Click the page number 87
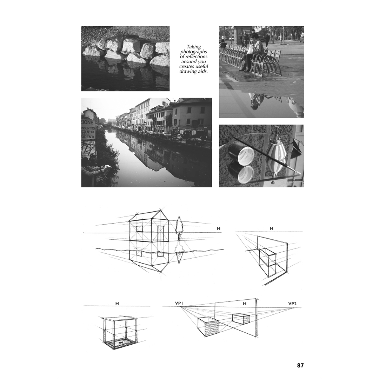tap(300, 365)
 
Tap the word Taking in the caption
tap(194, 47)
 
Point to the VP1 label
tap(179, 303)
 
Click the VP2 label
tap(292, 304)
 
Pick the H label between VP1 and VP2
tap(245, 304)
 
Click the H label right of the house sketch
tap(218, 228)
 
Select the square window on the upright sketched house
tap(139, 229)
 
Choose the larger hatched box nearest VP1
tap(208, 326)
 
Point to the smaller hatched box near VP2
tap(241, 319)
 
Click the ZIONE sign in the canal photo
tap(88, 122)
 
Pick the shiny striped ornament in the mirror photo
tap(276, 154)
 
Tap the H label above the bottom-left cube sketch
tap(117, 304)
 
